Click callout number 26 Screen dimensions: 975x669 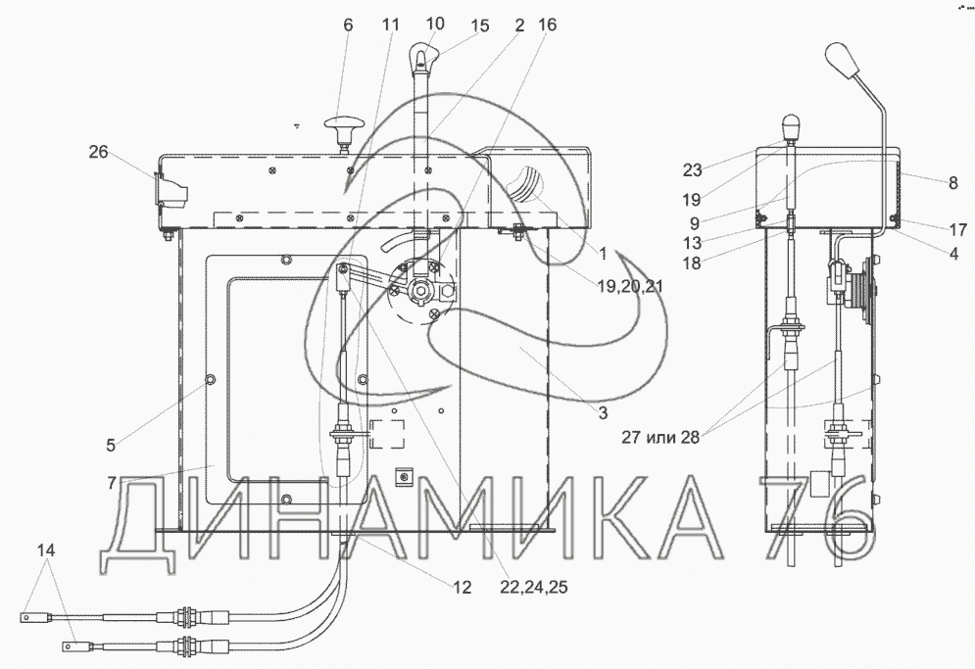coord(98,152)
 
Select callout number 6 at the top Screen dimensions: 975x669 coord(348,24)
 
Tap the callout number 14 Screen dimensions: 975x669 coord(46,550)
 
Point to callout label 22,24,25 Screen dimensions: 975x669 coord(533,587)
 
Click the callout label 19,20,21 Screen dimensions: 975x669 coord(630,286)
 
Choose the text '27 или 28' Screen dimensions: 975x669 coord(660,437)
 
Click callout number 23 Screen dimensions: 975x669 coord(692,169)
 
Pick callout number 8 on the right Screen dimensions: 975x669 coord(953,183)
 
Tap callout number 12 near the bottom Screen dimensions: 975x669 coord(462,587)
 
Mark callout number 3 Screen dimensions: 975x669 coord(604,412)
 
